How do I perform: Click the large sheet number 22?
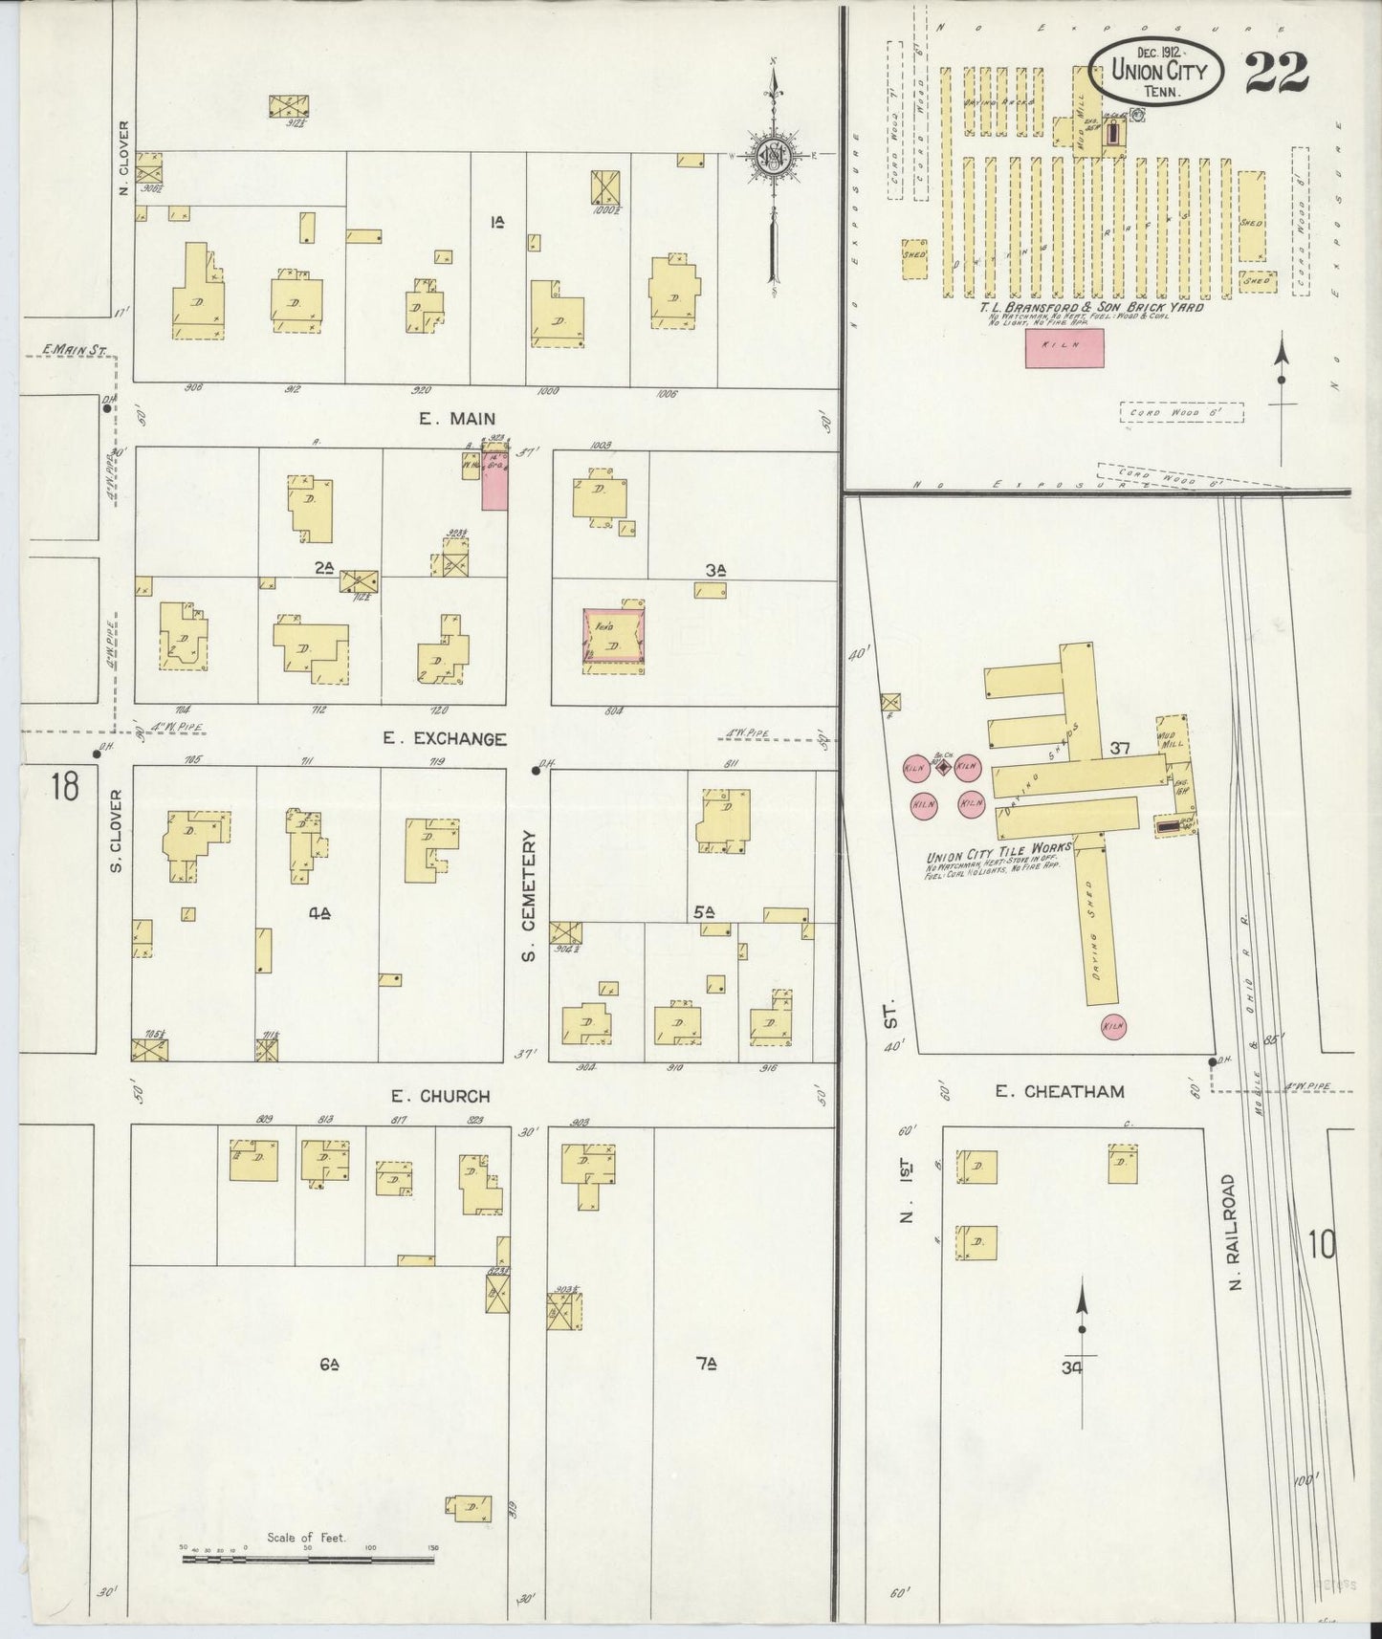[x=1276, y=71]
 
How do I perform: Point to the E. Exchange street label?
[x=444, y=738]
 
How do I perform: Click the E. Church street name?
[x=440, y=1096]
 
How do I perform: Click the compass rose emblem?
[x=771, y=156]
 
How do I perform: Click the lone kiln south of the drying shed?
[x=1112, y=1026]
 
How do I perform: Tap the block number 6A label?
[x=329, y=1366]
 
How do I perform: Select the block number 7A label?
[x=706, y=1366]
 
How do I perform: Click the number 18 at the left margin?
[x=65, y=788]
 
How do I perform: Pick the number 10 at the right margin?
[x=1323, y=1245]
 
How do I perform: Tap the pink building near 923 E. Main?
[x=494, y=484]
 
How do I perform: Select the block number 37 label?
[x=1120, y=749]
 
